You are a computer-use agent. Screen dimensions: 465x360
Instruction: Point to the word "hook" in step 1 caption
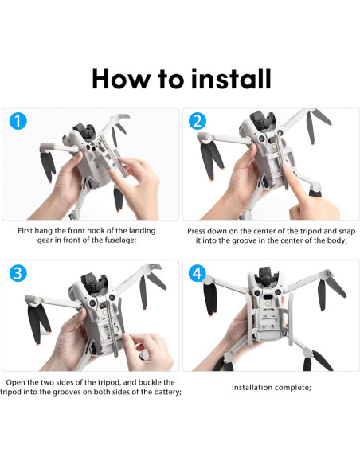click(101, 230)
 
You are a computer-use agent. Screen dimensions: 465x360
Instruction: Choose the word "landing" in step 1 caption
click(139, 230)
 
